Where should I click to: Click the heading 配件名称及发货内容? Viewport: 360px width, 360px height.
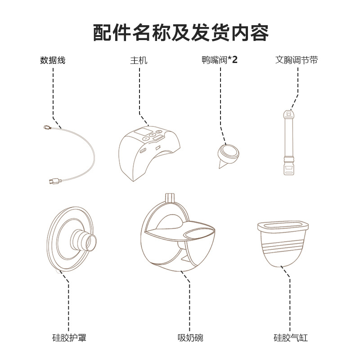point(180,32)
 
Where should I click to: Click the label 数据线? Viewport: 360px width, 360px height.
point(53,60)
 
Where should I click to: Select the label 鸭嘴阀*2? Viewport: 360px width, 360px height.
point(220,60)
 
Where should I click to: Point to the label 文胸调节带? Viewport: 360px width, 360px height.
point(297,60)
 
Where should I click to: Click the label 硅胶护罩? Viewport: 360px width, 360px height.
point(69,337)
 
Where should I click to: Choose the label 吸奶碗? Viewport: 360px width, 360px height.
point(187,337)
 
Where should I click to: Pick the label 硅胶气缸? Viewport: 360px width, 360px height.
point(291,337)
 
